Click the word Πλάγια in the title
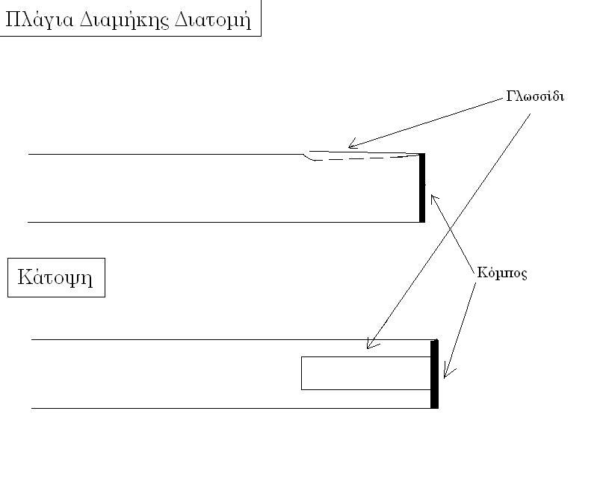pos(39,20)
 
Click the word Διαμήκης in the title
pos(124,20)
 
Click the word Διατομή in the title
pos(213,20)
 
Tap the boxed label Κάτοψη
pos(56,277)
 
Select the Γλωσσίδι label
pos(535,96)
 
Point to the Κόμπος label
pos(502,273)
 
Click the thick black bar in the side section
pos(422,188)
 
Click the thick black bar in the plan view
pos(435,374)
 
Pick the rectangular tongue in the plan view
pos(366,373)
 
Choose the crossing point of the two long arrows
pos(451,230)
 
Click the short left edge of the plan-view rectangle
pos(301,373)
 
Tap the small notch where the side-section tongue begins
pos(308,156)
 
